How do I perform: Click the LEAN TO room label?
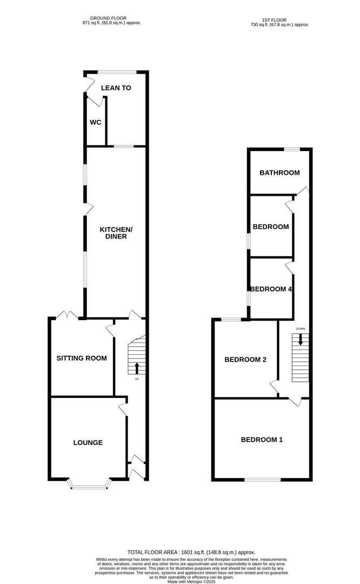(116, 88)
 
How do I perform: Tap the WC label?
(96, 122)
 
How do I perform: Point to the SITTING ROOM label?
(82, 358)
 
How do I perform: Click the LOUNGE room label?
(88, 442)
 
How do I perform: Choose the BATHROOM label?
(279, 173)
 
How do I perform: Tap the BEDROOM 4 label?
(271, 289)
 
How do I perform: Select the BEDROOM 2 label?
(245, 360)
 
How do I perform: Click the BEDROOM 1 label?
(262, 440)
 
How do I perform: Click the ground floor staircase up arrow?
(136, 368)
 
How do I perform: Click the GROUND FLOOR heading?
(112, 18)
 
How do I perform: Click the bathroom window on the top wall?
(292, 149)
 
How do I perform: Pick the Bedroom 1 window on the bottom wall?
(262, 480)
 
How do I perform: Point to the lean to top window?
(117, 72)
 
